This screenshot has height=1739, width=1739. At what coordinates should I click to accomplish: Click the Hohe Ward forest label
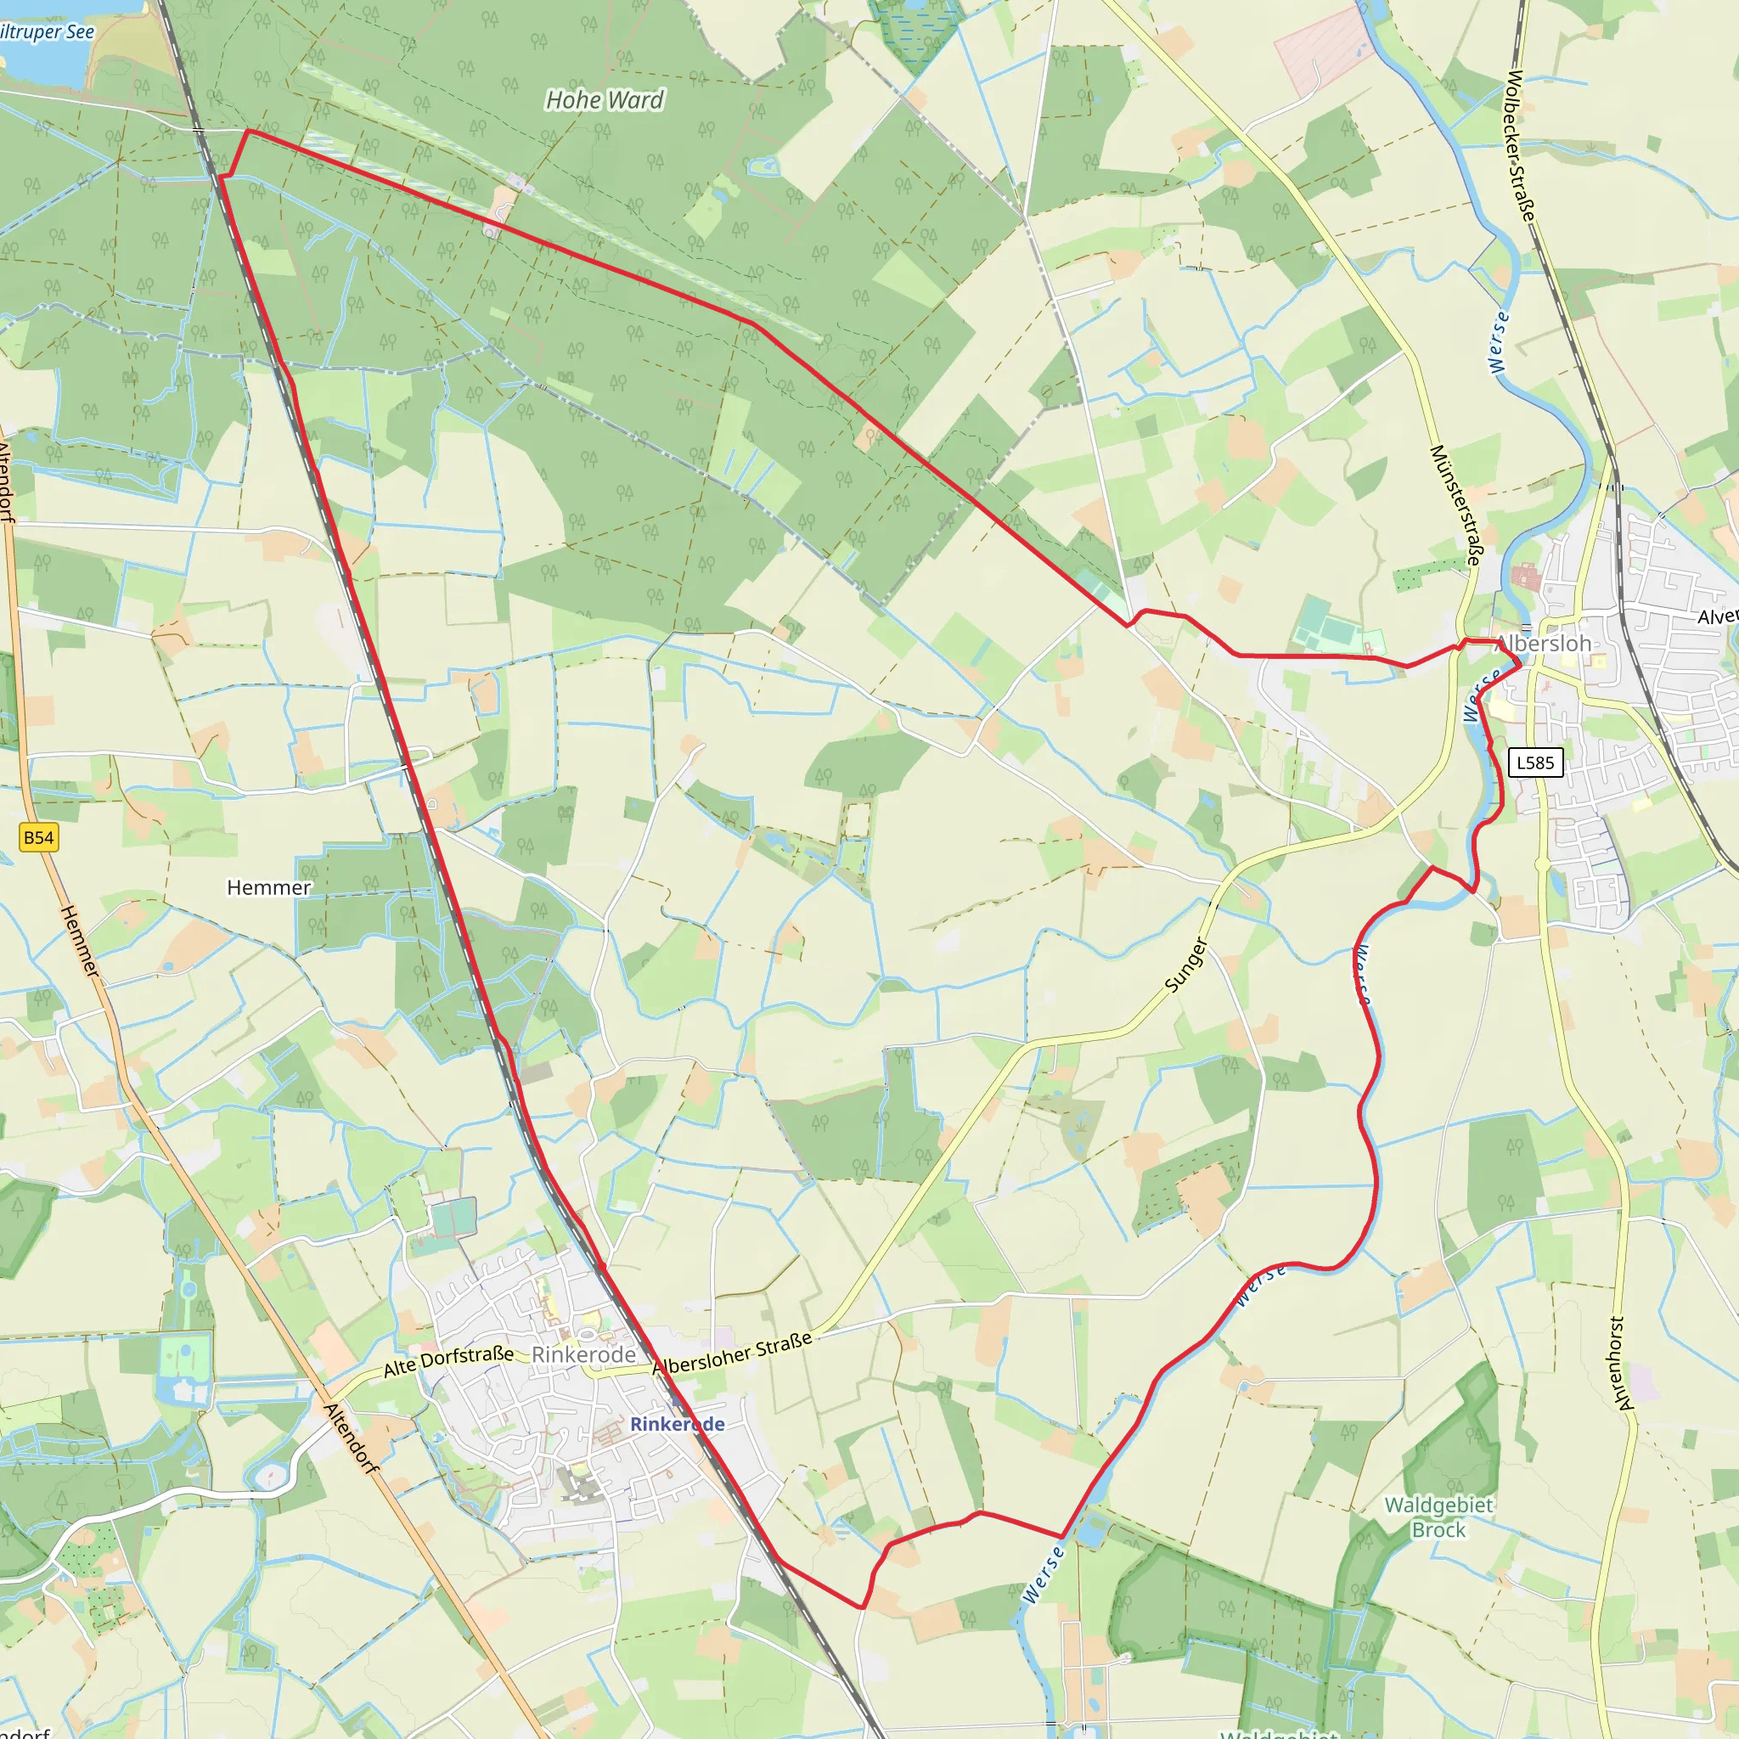[x=604, y=100]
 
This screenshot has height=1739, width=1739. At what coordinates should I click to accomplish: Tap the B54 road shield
[x=38, y=837]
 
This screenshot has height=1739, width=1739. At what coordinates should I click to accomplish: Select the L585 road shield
[x=1534, y=763]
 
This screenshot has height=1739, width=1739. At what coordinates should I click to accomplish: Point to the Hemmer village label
[x=268, y=887]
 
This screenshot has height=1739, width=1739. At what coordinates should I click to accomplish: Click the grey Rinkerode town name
[x=583, y=1353]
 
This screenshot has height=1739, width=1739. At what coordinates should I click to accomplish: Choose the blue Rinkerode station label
[x=677, y=1423]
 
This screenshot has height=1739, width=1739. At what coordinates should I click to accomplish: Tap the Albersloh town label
[x=1544, y=643]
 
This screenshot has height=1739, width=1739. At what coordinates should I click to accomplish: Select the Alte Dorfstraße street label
[x=448, y=1361]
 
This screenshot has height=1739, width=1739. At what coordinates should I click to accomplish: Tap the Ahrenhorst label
[x=1618, y=1363]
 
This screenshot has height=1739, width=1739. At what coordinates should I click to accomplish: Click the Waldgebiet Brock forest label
[x=1438, y=1517]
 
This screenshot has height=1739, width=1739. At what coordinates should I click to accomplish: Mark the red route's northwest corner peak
[x=249, y=132]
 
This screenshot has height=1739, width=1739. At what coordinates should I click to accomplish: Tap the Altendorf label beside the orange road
[x=350, y=1438]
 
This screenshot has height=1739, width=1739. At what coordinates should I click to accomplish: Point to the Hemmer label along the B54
[x=79, y=942]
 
